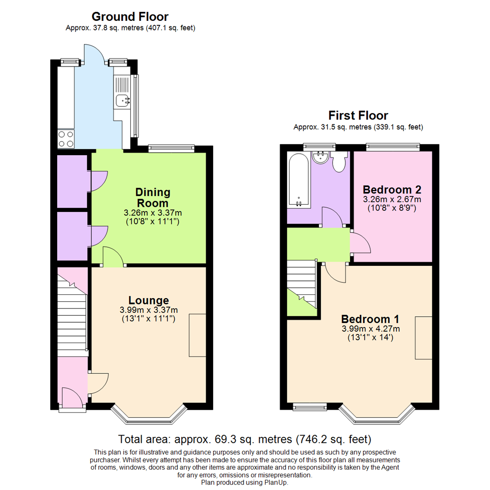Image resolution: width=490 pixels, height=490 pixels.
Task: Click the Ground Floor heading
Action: pos(130,17)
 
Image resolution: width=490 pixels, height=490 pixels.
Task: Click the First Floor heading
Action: pos(358,115)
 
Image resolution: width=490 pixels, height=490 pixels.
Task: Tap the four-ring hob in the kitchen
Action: pos(65,139)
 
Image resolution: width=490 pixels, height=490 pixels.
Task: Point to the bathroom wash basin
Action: pos(321,157)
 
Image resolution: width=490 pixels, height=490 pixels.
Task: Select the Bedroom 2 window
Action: pos(392,147)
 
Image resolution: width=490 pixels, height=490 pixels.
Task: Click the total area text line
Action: pos(245,439)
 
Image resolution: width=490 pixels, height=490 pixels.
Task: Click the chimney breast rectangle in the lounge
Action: pos(197,335)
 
